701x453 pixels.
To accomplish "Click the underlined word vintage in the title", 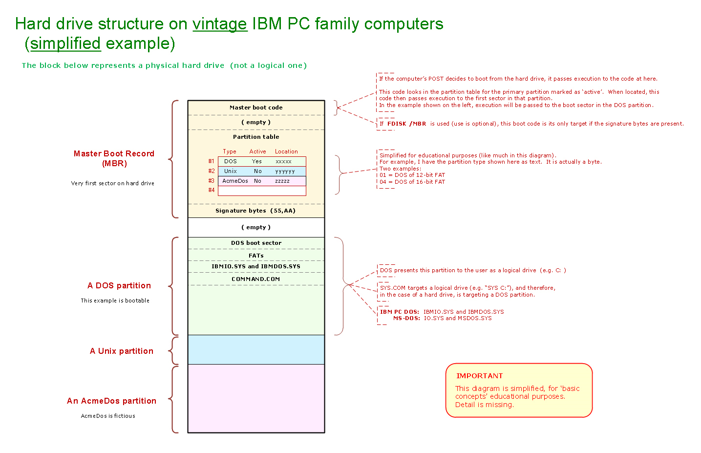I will (x=220, y=24).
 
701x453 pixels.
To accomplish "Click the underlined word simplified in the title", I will (x=65, y=43).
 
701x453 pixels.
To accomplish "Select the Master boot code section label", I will (x=256, y=108).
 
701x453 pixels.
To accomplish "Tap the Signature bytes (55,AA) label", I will (x=255, y=211).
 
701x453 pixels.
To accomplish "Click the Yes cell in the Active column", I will (x=257, y=161).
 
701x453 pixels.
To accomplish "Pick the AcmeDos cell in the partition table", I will (x=235, y=181).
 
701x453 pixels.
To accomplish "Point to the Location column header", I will (x=286, y=151).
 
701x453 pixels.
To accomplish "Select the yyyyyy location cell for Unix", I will (x=285, y=171).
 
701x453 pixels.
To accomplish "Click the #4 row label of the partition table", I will (x=212, y=190).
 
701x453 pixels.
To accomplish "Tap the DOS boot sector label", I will (x=256, y=243).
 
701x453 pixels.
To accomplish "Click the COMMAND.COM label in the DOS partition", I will (x=256, y=279).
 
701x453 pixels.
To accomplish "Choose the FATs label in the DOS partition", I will (x=256, y=256).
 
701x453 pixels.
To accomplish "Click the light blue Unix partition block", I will (x=256, y=349).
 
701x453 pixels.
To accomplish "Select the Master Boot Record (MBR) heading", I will (x=114, y=158).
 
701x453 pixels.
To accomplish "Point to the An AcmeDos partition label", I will (x=111, y=401).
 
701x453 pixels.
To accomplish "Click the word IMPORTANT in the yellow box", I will (x=479, y=376).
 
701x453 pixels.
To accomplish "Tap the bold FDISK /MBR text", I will (x=406, y=124).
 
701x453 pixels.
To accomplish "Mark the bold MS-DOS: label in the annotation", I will (x=406, y=318).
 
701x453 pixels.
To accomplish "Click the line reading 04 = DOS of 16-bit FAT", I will (x=412, y=182).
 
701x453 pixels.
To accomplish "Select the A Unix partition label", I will (x=122, y=351).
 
